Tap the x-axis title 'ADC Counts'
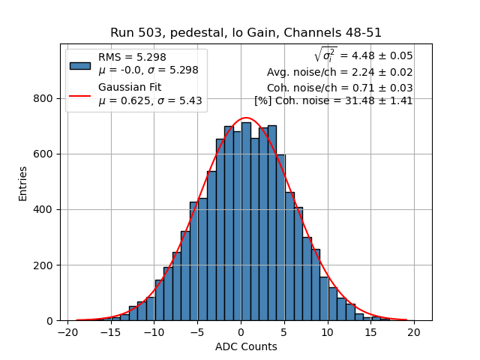(x=246, y=346)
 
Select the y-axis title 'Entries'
(x=23, y=183)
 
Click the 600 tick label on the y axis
(x=43, y=154)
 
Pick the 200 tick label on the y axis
(x=43, y=265)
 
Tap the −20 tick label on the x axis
(x=67, y=331)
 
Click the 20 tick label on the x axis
(x=414, y=331)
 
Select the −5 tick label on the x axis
(x=197, y=331)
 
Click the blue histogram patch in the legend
(x=80, y=65)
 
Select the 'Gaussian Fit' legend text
(x=130, y=88)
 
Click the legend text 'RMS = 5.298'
(x=132, y=57)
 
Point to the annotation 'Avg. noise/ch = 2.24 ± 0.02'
(x=340, y=73)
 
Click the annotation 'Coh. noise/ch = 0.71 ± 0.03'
(x=340, y=88)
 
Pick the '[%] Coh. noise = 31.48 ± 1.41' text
(x=334, y=100)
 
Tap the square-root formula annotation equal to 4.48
(x=363, y=55)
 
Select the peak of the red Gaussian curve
(x=246, y=118)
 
